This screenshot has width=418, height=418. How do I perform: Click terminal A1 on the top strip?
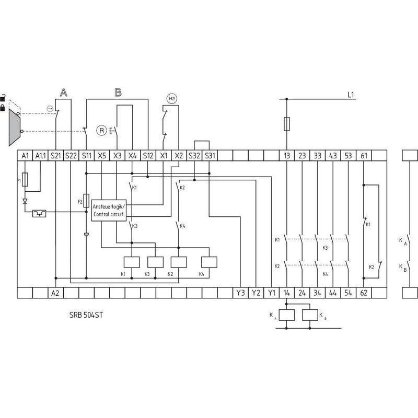coord(25,156)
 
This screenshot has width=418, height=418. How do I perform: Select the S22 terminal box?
coord(71,156)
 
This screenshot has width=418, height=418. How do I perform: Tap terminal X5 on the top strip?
coord(102,156)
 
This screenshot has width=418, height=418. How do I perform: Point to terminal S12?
coord(148,156)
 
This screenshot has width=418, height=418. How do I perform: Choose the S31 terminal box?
coord(210,156)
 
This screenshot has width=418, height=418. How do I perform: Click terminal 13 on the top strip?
coord(286,156)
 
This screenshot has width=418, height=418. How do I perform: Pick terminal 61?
coord(364,156)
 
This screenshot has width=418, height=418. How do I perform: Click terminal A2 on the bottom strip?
coord(55,293)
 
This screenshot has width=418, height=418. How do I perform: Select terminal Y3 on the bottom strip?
coord(240,293)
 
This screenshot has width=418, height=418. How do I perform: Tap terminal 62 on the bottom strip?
coord(364,293)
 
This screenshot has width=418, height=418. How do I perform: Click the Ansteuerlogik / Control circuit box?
coord(109,211)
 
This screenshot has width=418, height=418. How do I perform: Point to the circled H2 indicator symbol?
coord(172,99)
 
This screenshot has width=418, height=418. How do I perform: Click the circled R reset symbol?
coord(101,131)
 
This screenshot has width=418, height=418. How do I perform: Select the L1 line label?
coord(351,95)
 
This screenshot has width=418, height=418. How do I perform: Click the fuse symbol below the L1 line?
coord(287,124)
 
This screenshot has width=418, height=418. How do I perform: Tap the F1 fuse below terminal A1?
coord(25,180)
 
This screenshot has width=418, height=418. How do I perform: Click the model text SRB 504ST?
coord(86,315)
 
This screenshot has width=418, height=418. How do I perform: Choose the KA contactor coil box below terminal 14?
coord(287,315)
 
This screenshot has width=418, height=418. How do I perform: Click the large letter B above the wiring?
coord(118,92)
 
